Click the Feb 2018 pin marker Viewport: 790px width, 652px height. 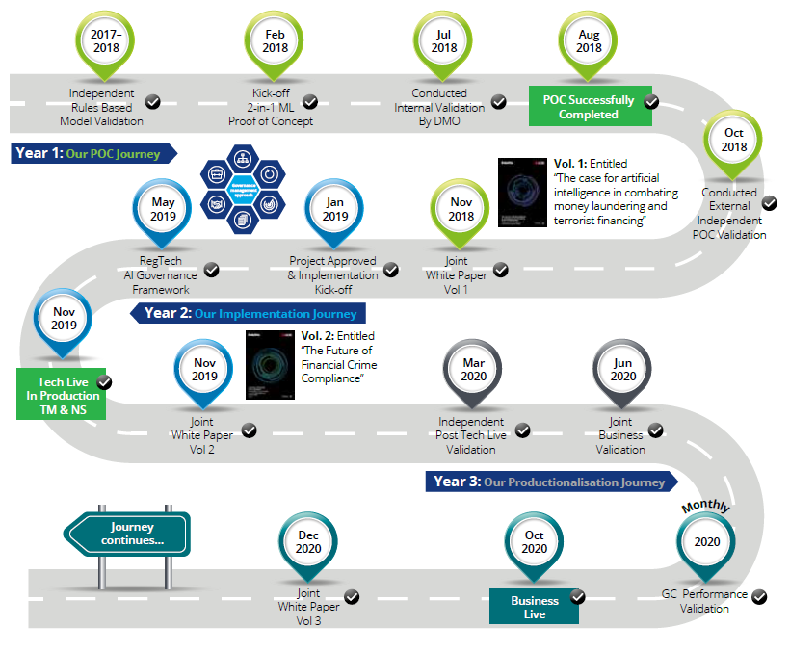point(276,40)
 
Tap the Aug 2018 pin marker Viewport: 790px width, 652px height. point(589,40)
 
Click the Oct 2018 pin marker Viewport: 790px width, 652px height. point(735,140)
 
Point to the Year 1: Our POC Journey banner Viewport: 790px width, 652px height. point(94,152)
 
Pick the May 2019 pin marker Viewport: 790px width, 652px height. point(163,209)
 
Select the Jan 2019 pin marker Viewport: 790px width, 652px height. point(335,209)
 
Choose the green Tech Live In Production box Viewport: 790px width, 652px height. point(62,396)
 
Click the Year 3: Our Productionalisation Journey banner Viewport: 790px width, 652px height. point(551,482)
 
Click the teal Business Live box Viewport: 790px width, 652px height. point(533,607)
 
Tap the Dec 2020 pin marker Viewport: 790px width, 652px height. point(308,541)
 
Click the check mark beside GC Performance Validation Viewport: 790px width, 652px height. point(759,597)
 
